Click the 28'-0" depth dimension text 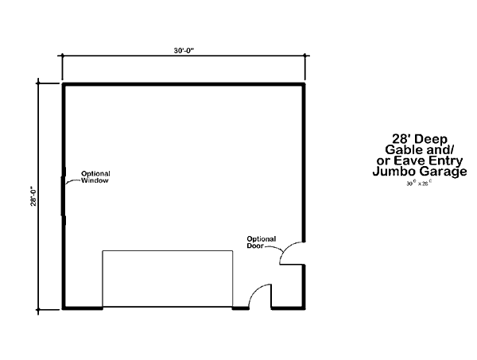click(x=33, y=197)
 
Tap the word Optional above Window click(x=95, y=174)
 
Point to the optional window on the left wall click(x=64, y=195)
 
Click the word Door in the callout click(x=257, y=246)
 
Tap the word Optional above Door click(x=261, y=239)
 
